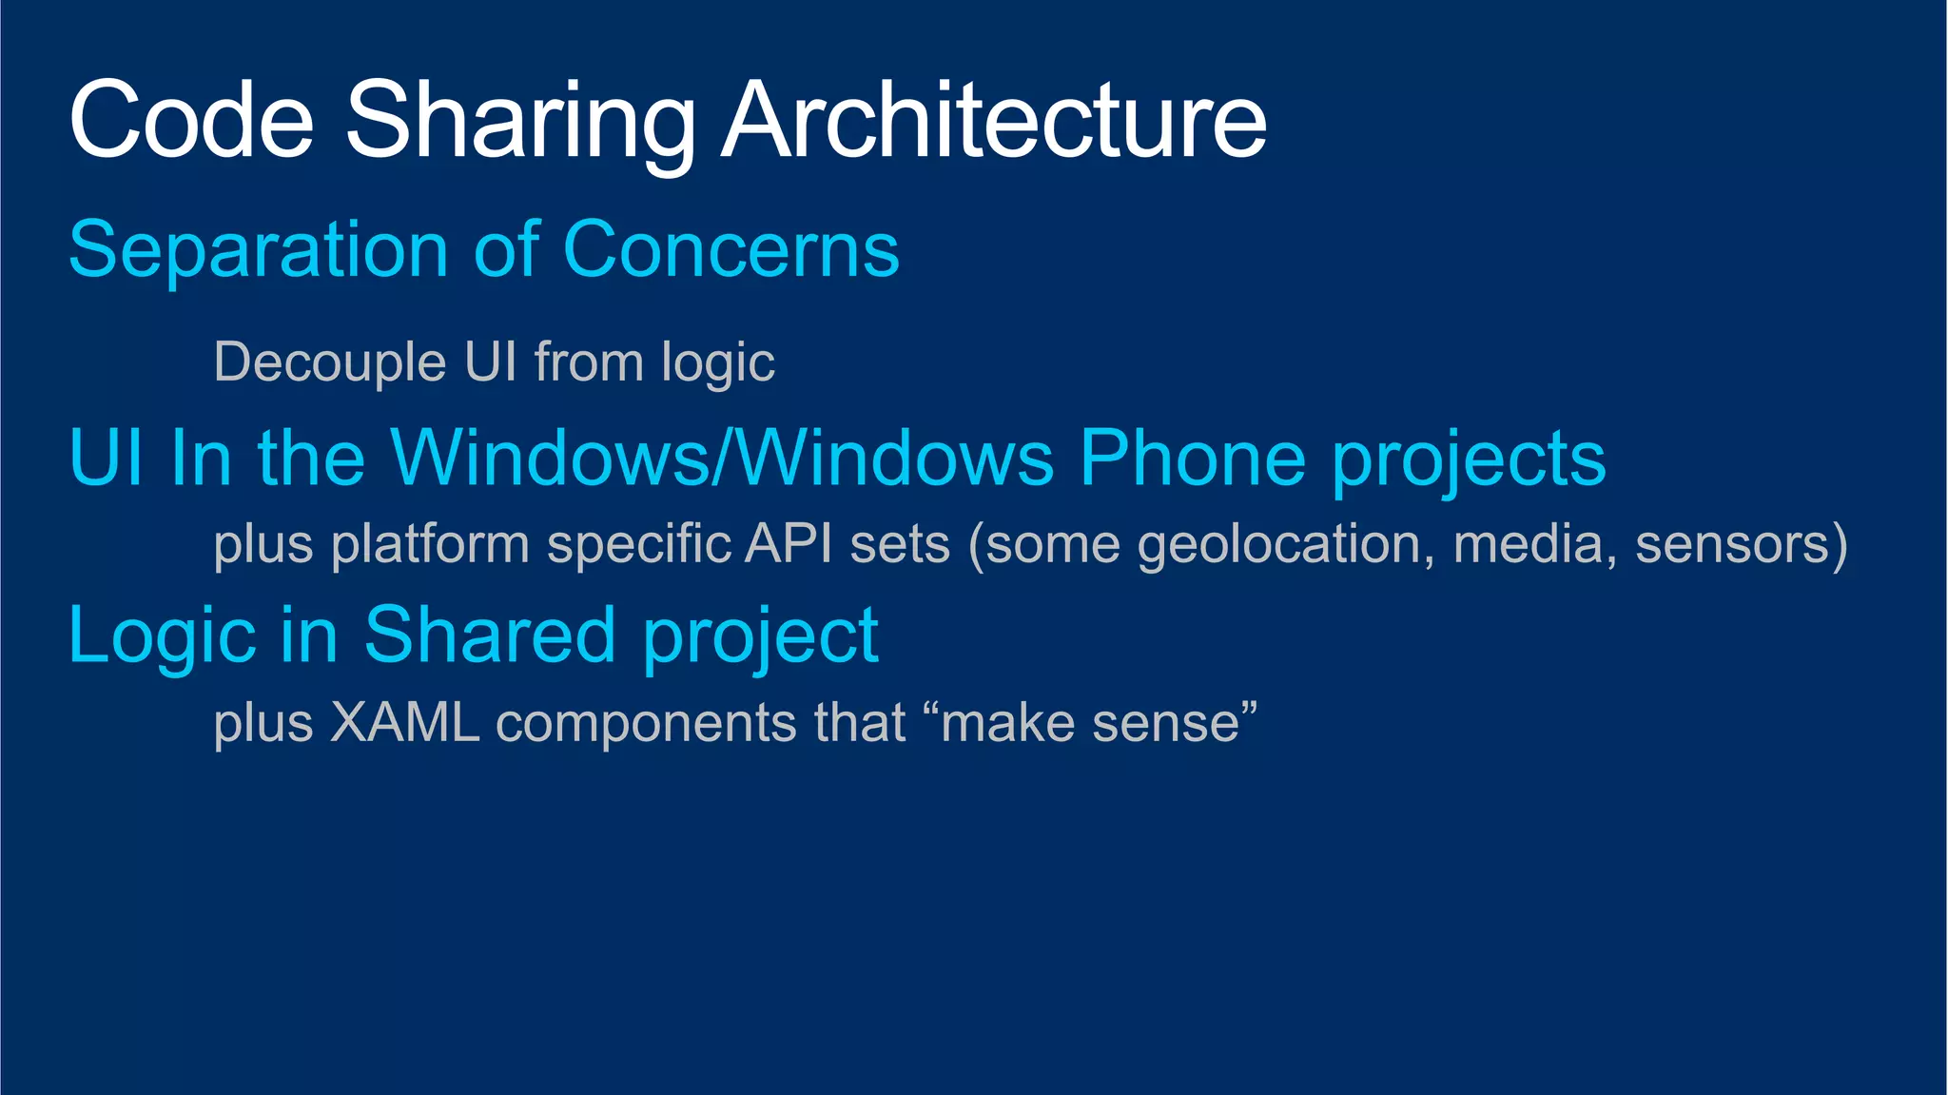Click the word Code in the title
pyautogui.click(x=191, y=120)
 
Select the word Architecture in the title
pyautogui.click(x=994, y=120)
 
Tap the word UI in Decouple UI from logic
pyautogui.click(x=490, y=362)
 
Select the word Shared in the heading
pyautogui.click(x=490, y=635)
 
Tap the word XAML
pyautogui.click(x=404, y=723)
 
